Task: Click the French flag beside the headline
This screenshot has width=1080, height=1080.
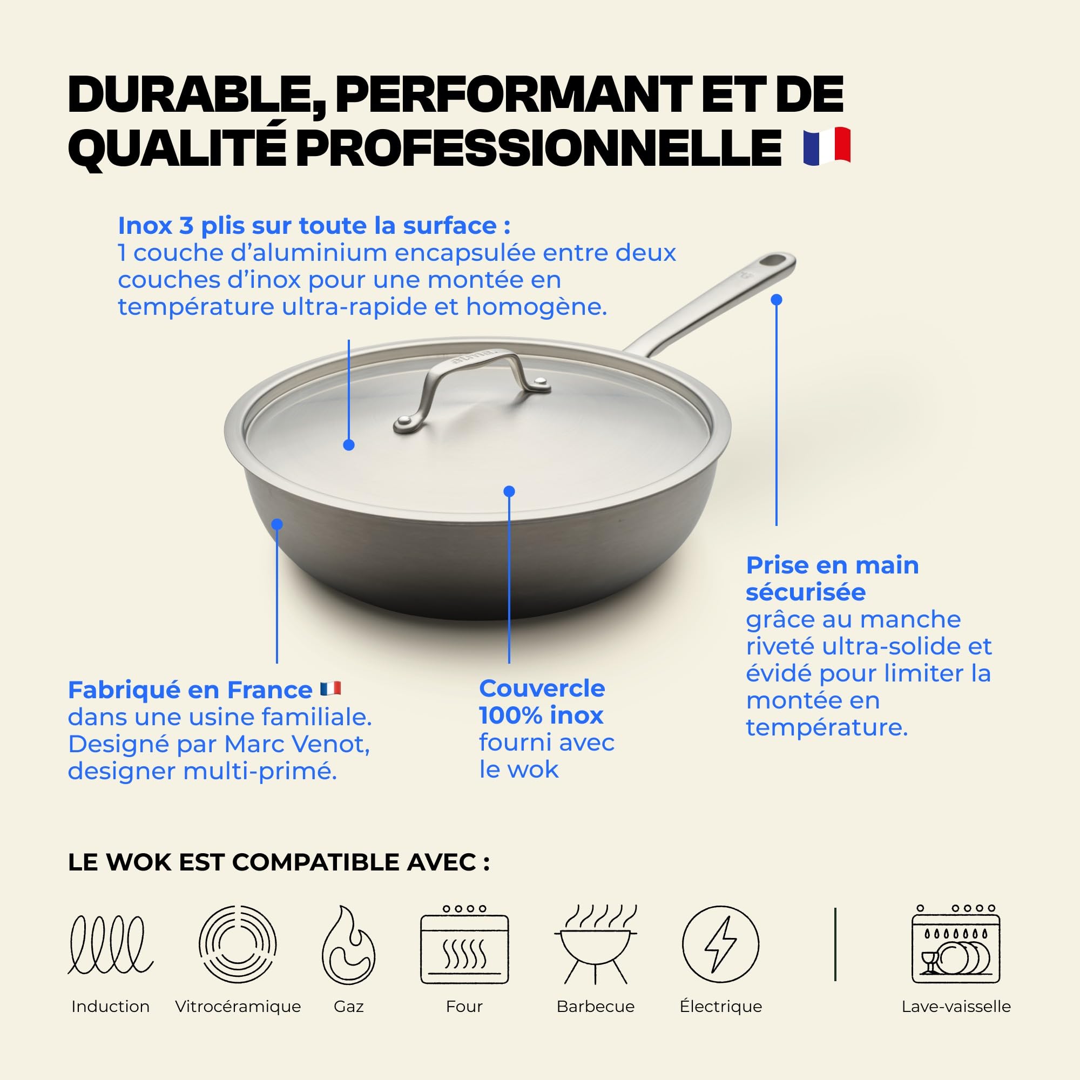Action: coord(827,146)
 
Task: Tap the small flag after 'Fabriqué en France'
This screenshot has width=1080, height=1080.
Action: coord(330,688)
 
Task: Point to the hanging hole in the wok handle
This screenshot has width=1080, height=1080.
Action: coord(775,261)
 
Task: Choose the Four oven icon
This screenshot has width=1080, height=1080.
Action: coord(464,944)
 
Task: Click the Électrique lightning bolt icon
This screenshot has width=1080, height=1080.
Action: coord(720,944)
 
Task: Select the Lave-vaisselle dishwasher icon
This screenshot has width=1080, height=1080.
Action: coord(956,944)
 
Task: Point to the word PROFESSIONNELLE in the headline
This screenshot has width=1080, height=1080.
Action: coord(538,147)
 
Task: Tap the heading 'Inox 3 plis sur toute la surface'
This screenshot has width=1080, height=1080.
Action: coord(307,226)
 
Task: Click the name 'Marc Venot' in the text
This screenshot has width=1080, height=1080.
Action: coord(297,744)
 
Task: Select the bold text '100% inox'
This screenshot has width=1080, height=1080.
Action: coord(541,715)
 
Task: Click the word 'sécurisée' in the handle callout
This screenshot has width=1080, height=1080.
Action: coord(806,592)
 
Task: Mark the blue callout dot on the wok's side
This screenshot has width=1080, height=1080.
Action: coord(277,524)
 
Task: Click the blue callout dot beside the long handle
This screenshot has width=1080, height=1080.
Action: coord(776,300)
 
